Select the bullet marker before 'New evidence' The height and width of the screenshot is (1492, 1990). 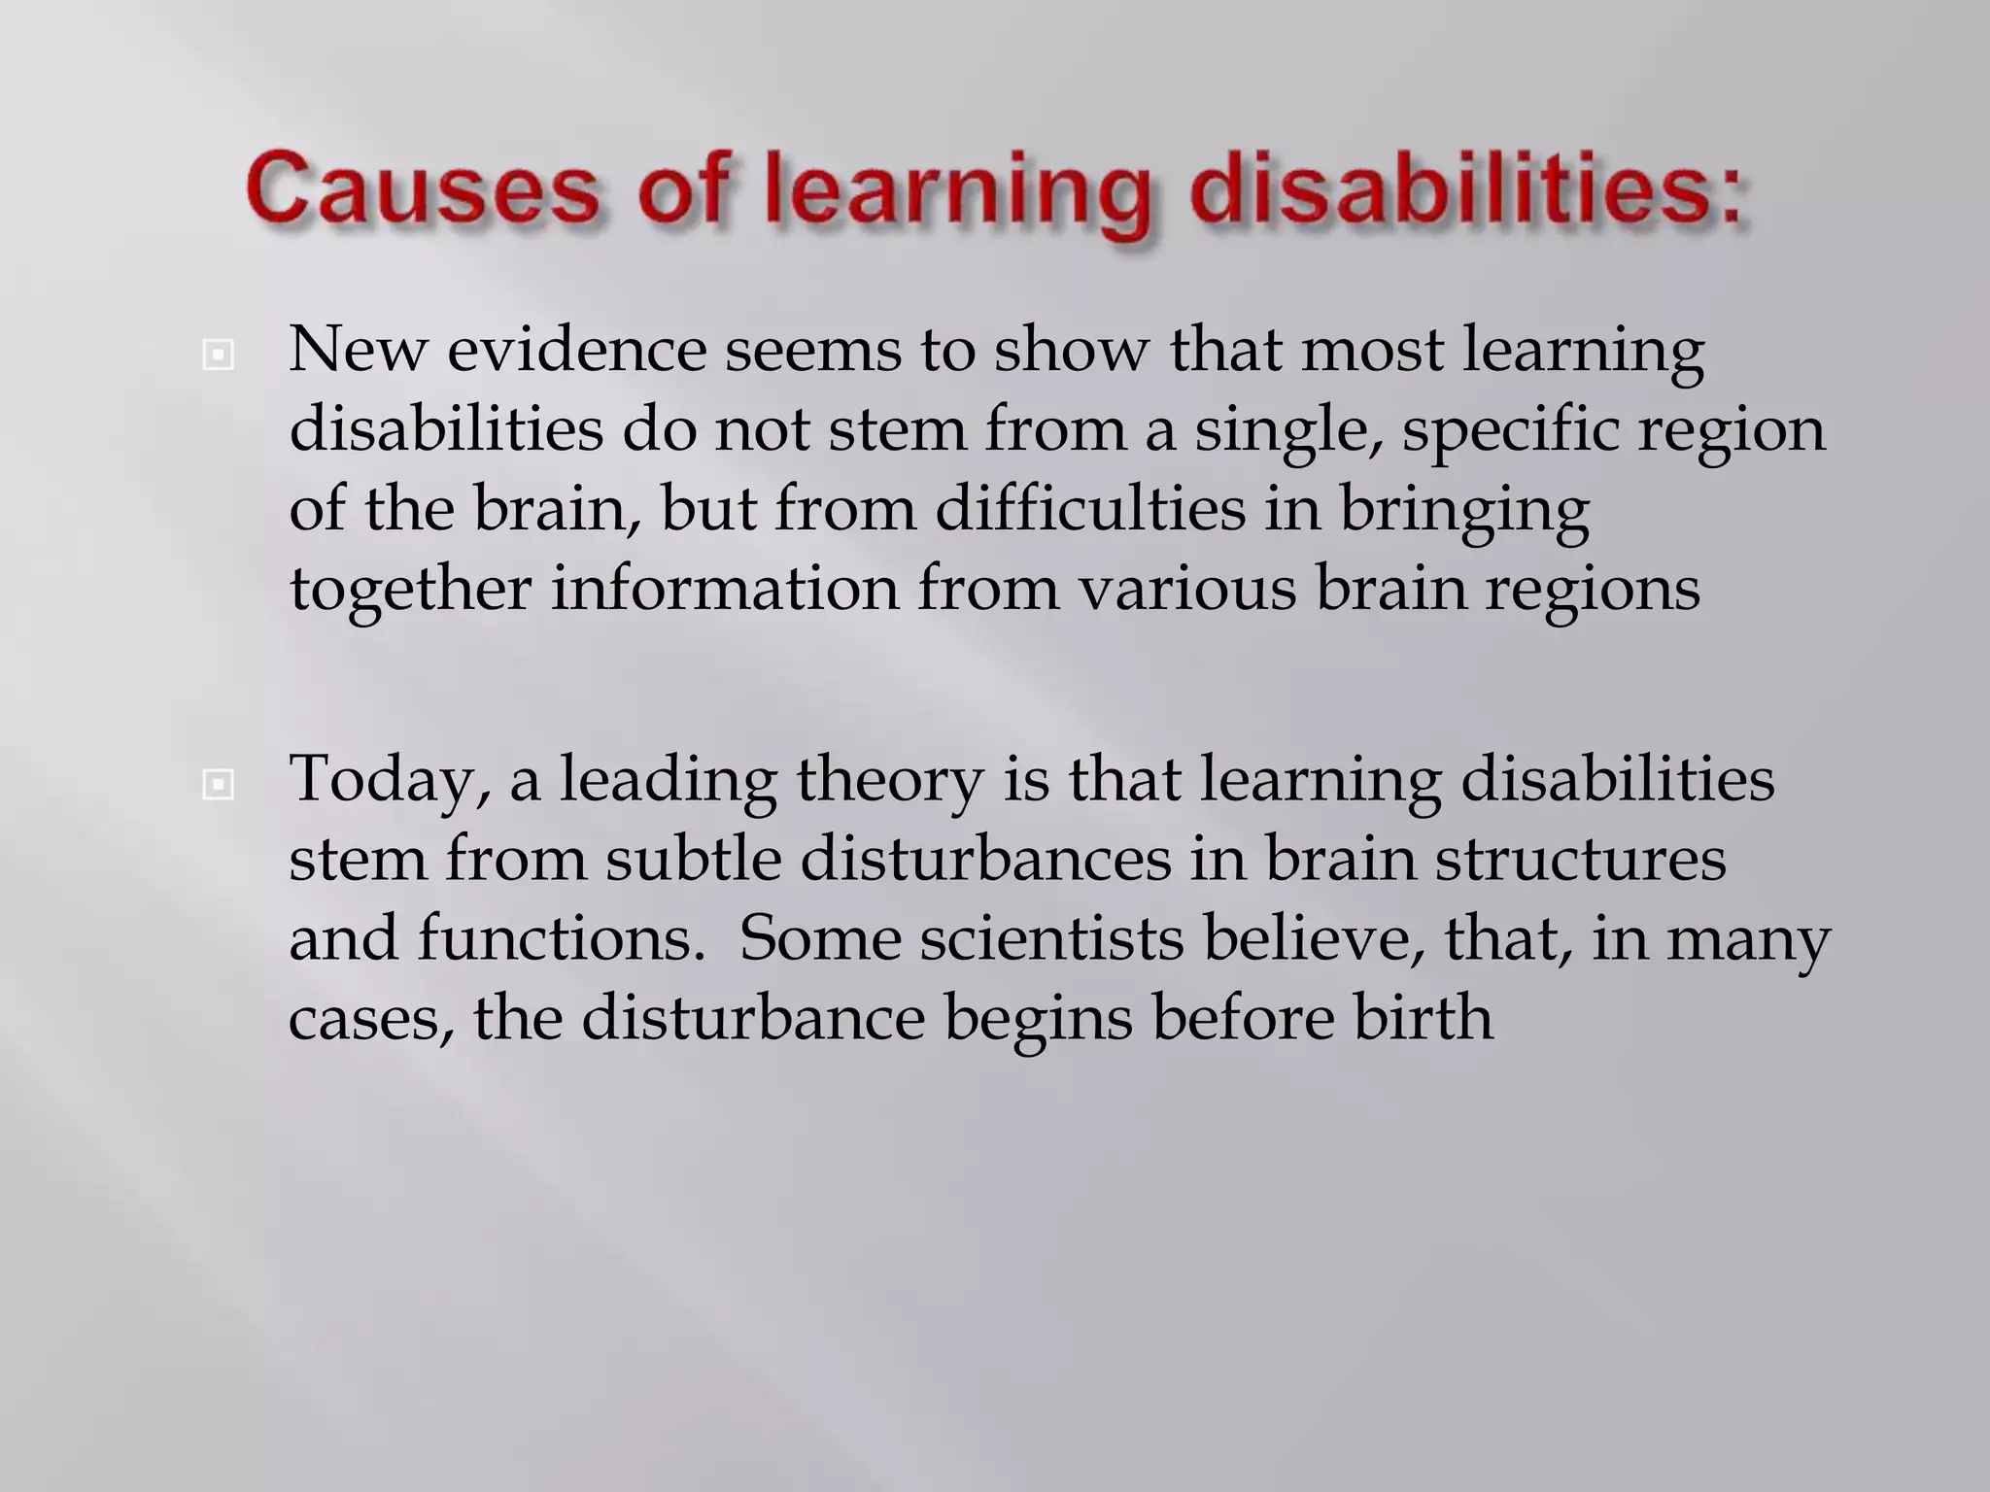pyautogui.click(x=219, y=356)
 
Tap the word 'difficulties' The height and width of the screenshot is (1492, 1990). pyautogui.click(x=1090, y=509)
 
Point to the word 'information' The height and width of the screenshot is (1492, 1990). pyautogui.click(x=725, y=589)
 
